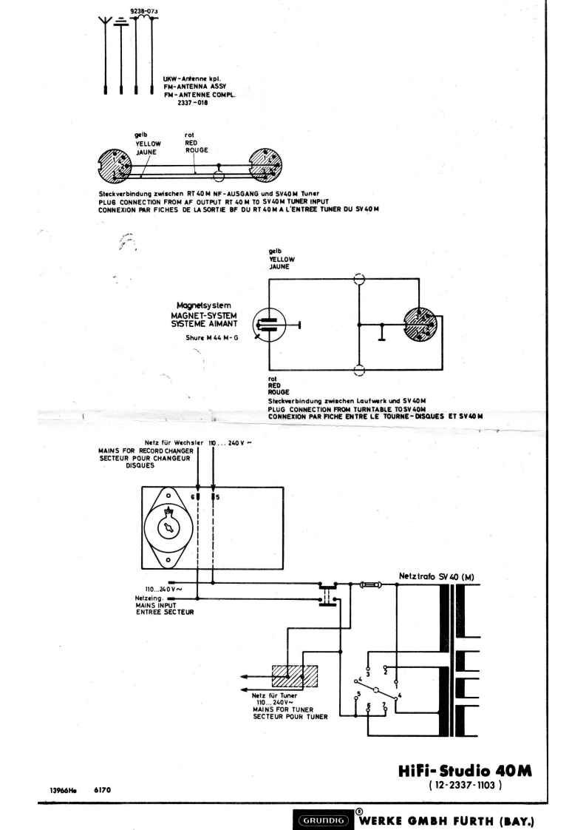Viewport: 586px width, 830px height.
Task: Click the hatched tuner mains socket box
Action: [295, 676]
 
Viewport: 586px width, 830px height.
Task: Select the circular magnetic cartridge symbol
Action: [269, 323]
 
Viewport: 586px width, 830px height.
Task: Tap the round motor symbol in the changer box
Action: [169, 526]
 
